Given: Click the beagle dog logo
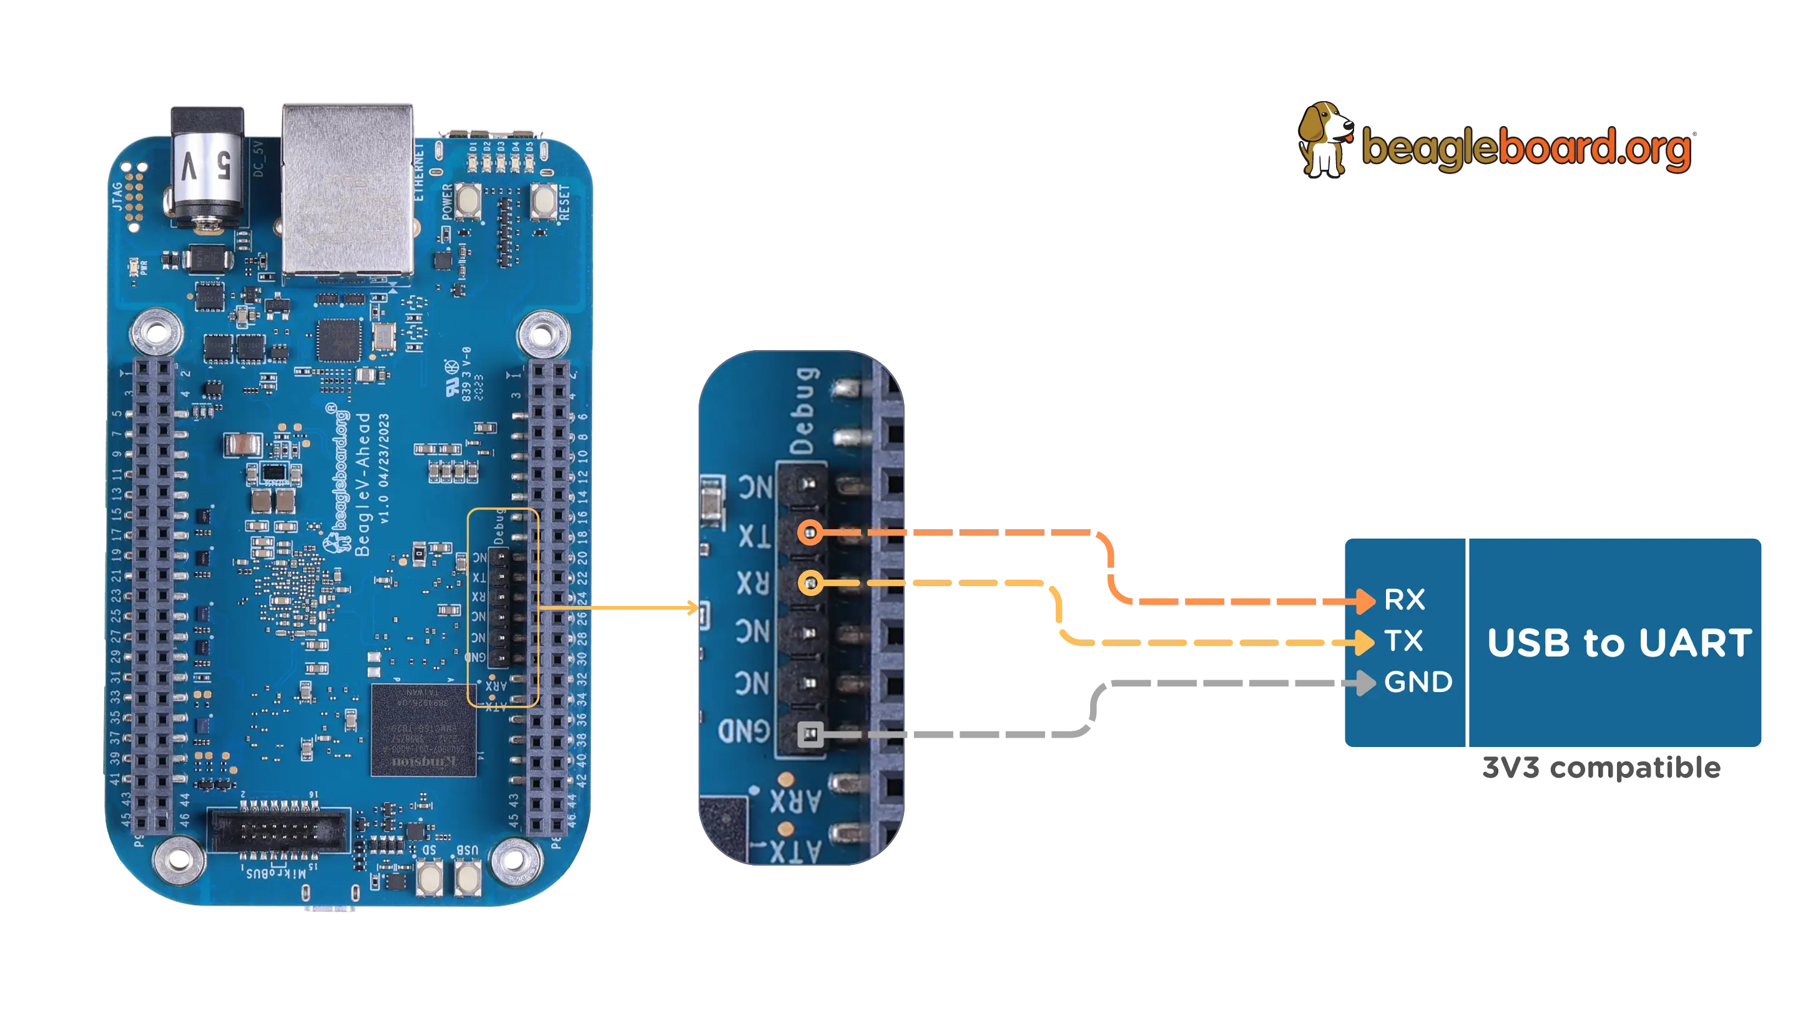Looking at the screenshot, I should [1324, 140].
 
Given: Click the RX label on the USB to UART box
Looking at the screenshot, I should [1404, 600].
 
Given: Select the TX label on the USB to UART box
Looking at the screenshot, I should [1403, 641].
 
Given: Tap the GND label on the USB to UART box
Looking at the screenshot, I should [1418, 682].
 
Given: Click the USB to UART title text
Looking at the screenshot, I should [1619, 643].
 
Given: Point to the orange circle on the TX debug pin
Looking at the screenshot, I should [810, 533].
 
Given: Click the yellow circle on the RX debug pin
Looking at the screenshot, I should [810, 582].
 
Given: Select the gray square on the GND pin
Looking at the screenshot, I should [810, 734].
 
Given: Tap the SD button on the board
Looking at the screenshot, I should [430, 877].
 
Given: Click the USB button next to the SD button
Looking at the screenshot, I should [468, 877].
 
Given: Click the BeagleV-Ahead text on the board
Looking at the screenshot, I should [363, 484].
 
